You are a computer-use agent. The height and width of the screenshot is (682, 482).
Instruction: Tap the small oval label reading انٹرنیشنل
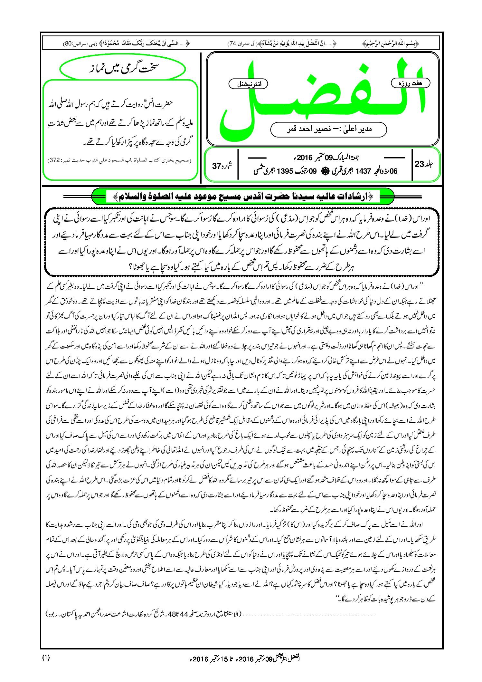pyautogui.click(x=248, y=84)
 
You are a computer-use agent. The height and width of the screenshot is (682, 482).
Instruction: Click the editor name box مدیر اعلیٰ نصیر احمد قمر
pyautogui.click(x=328, y=129)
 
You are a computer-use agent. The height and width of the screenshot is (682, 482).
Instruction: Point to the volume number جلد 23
pyautogui.click(x=424, y=164)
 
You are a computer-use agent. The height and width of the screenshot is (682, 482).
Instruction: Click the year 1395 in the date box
pyautogui.click(x=285, y=171)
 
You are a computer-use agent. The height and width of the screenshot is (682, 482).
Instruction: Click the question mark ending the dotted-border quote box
pyautogui.click(x=132, y=267)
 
